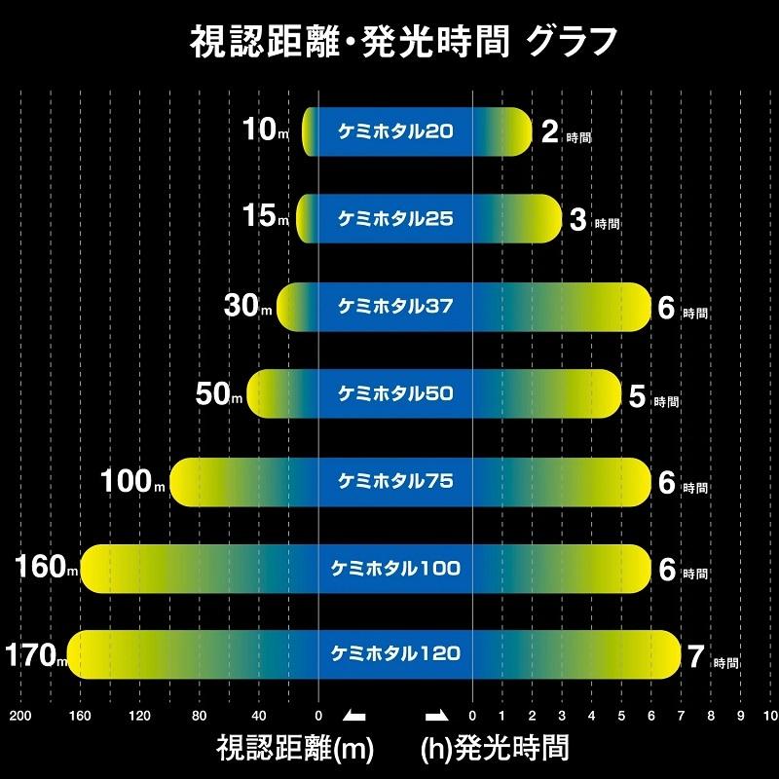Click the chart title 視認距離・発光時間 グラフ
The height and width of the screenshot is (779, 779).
(x=389, y=43)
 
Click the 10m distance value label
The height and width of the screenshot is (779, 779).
(x=265, y=131)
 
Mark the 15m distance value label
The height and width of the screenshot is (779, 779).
(x=265, y=218)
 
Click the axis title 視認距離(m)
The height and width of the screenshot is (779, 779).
(x=288, y=748)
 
